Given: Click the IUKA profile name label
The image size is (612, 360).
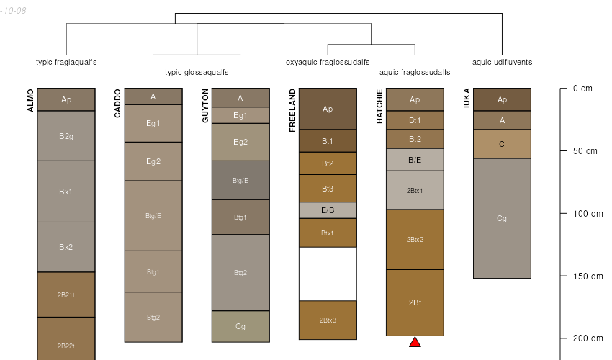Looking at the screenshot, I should point(467,98).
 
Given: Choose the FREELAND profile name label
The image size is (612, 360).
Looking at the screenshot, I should point(292,110).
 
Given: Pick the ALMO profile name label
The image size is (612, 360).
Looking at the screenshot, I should point(30,99).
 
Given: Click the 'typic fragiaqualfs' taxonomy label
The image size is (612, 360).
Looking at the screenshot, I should point(66,62).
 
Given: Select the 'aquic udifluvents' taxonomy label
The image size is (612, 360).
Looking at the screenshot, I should point(502,62).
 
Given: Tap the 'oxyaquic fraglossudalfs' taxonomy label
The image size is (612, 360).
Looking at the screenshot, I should point(328,62).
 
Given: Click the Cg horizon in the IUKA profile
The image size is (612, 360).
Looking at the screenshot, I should point(502,218).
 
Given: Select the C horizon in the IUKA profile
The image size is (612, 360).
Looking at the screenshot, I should point(502,144).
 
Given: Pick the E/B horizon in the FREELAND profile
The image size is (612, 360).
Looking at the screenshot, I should point(328,210).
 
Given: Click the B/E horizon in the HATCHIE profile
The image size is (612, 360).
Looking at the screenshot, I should point(415,160).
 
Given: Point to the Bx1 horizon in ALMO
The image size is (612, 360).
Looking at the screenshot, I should point(66,192).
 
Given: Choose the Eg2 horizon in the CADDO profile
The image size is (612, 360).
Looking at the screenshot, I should point(153,161).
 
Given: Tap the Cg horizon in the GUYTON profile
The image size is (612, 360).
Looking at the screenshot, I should point(240,326).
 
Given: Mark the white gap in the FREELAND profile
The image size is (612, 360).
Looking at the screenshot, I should point(328,274).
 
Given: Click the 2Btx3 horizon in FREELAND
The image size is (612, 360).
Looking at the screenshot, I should point(328,320).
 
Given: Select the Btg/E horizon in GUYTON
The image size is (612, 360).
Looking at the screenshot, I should point(240,180).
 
